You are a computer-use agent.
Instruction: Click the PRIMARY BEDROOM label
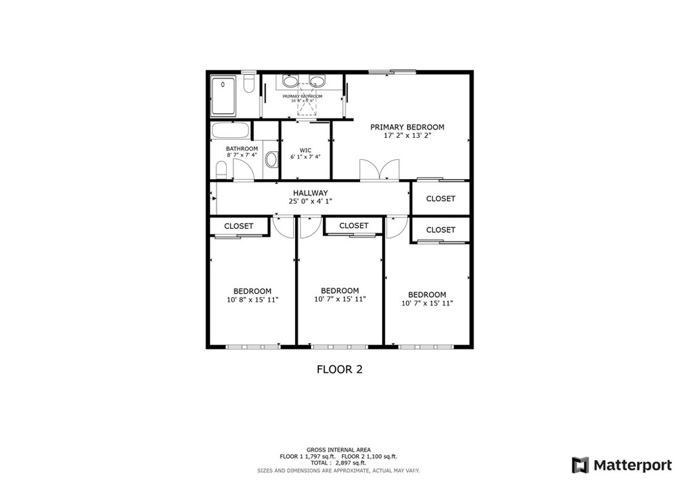[x=407, y=127]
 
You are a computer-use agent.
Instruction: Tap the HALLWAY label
[x=310, y=193]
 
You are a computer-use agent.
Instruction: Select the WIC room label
[x=305, y=150]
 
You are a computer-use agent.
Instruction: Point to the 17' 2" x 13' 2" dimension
[x=407, y=136]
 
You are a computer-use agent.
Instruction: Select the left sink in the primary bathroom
[x=290, y=82]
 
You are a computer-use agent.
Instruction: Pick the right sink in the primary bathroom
[x=318, y=82]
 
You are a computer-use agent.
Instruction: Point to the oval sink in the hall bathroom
[x=271, y=160]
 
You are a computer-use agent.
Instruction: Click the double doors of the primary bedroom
[x=379, y=170]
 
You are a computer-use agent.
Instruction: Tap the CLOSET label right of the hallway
[x=440, y=199]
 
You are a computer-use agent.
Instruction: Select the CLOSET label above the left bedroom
[x=239, y=226]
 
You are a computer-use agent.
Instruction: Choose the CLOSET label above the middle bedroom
[x=353, y=226]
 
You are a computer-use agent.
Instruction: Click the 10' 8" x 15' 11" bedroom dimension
[x=252, y=300]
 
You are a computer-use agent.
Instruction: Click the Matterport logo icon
[x=580, y=465]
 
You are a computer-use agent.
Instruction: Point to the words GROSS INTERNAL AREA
[x=338, y=450]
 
